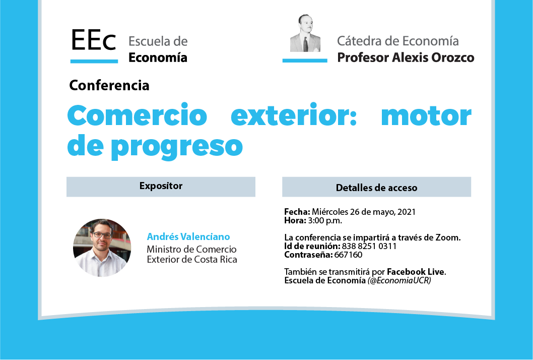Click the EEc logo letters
[94, 40]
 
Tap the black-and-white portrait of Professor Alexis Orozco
[305, 33]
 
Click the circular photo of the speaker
[102, 248]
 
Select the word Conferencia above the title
[109, 85]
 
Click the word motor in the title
[426, 115]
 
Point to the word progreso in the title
[177, 146]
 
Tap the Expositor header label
[161, 186]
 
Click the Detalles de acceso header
[376, 188]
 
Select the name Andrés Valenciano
[188, 236]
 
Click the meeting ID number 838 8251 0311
[369, 246]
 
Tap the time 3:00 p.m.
[325, 221]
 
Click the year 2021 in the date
[407, 212]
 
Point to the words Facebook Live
[416, 272]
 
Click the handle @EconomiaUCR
[399, 280]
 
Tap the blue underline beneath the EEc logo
[94, 61]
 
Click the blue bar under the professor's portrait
[305, 61]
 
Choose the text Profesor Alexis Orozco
[406, 57]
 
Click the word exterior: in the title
[294, 115]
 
